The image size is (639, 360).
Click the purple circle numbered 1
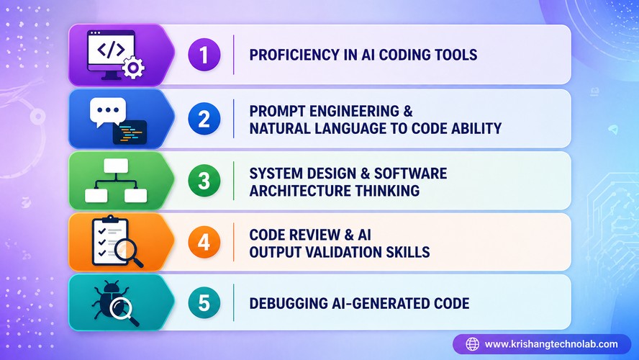pyautogui.click(x=204, y=55)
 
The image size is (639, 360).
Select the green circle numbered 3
pyautogui.click(x=204, y=181)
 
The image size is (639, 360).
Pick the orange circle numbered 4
pyautogui.click(x=204, y=243)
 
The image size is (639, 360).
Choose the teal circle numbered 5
pyautogui.click(x=204, y=303)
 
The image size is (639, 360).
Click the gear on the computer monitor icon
pyautogui.click(x=133, y=68)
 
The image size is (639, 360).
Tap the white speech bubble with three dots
pyautogui.click(x=107, y=111)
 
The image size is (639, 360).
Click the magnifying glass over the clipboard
pyautogui.click(x=127, y=252)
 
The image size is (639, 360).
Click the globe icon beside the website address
pyautogui.click(x=472, y=344)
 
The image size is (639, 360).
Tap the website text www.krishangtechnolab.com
pyautogui.click(x=551, y=344)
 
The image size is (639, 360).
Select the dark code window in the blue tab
pyautogui.click(x=130, y=132)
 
